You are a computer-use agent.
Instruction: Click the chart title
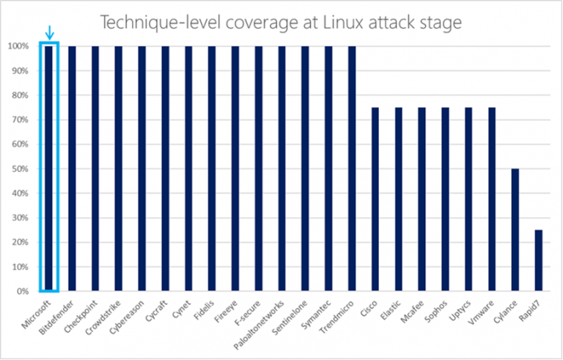click(x=281, y=22)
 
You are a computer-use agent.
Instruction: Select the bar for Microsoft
click(x=49, y=169)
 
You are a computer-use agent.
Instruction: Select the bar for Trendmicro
click(x=352, y=169)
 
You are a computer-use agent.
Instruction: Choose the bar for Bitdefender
click(x=73, y=169)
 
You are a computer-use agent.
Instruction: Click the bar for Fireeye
click(x=235, y=169)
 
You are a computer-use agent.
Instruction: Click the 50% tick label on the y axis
click(x=21, y=169)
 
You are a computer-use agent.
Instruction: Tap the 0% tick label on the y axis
click(x=23, y=291)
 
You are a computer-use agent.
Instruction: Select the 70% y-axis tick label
click(x=21, y=120)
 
